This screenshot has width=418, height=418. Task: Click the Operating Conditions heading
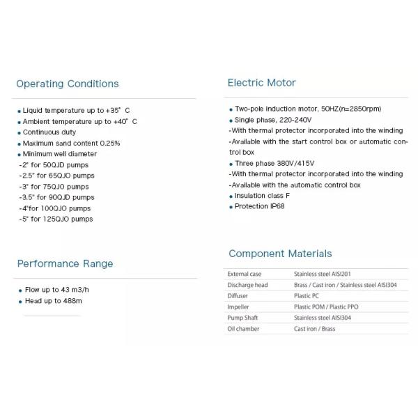[x=68, y=84]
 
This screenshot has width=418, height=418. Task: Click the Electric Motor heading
[x=261, y=83]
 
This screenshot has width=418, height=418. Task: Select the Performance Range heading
[x=65, y=264]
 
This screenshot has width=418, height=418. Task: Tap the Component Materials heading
[x=280, y=254]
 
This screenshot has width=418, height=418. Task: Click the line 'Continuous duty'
[x=49, y=132]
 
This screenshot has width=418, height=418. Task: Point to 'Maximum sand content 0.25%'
[x=71, y=143]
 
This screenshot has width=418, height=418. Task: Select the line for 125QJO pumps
[x=58, y=219]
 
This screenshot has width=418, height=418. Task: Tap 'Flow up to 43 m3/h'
[x=57, y=290]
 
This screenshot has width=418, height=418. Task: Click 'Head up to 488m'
[x=54, y=301]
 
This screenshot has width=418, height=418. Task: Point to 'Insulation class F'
[x=262, y=196]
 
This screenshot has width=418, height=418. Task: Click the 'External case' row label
[x=243, y=274]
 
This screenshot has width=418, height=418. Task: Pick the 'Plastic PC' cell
[x=308, y=296]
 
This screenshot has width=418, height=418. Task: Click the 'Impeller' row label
[x=238, y=307]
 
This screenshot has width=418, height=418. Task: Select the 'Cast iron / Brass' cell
[x=315, y=329]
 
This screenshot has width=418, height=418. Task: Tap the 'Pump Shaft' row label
[x=241, y=318]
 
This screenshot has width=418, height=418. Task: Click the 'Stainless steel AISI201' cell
[x=327, y=274]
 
